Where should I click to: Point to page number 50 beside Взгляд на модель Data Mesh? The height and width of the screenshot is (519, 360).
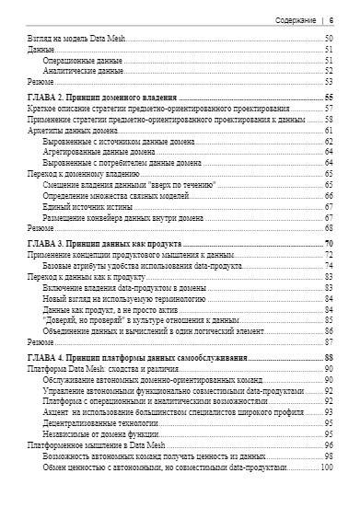point(328,38)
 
